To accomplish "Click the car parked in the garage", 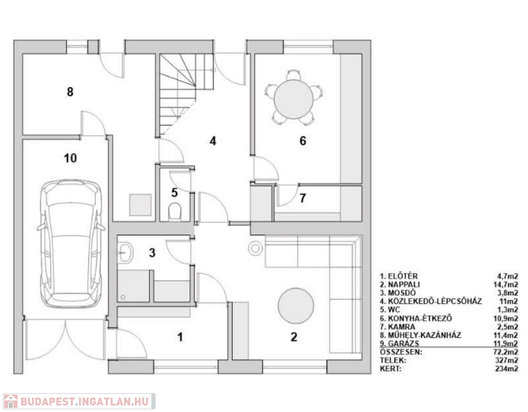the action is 71,244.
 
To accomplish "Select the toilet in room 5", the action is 174,211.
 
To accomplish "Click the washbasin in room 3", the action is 125,252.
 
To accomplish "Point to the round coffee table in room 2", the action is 296,306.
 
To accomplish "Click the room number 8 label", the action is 70,92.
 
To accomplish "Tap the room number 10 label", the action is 70,158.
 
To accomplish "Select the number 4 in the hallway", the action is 213,141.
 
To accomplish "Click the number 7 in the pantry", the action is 303,198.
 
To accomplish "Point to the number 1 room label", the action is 180,337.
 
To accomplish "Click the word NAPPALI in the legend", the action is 404,284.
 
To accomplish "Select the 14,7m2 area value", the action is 506,284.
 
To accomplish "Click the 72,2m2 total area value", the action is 506,352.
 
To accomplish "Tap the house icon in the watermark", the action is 10,401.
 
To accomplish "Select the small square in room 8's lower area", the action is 141,204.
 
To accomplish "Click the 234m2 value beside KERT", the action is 507,369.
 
